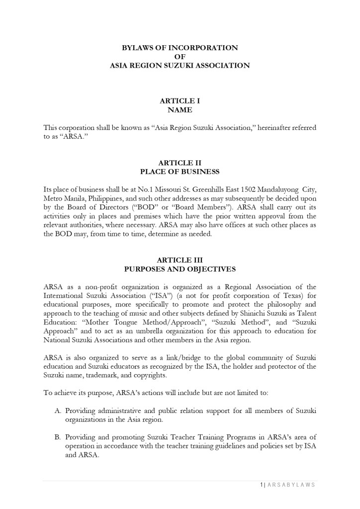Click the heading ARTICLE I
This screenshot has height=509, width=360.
(180, 101)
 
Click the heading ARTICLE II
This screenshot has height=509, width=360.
(180, 163)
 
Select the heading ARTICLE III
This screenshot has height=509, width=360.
(180, 260)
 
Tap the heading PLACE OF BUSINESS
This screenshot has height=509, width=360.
(180, 172)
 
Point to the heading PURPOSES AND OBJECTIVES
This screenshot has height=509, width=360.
(180, 269)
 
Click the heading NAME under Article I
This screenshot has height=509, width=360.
(180, 110)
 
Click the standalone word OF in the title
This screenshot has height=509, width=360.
(180, 56)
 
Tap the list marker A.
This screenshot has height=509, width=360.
(57, 410)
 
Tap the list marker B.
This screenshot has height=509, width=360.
(57, 437)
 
